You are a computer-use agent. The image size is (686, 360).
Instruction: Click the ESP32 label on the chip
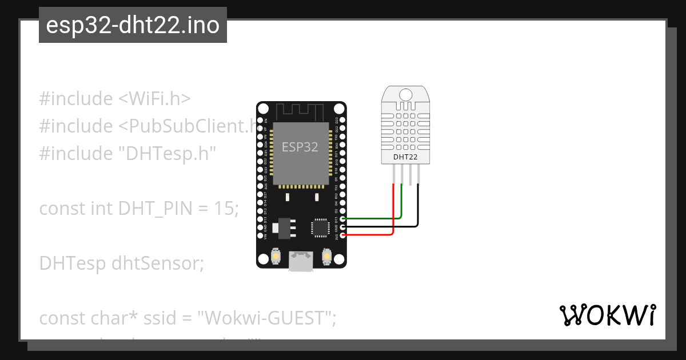[300, 147]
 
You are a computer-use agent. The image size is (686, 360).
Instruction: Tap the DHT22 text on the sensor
[405, 157]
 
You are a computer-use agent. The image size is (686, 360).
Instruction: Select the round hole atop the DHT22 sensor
[405, 95]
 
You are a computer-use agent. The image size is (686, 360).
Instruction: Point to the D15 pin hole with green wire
[342, 219]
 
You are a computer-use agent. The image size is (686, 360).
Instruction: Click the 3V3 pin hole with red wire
[342, 235]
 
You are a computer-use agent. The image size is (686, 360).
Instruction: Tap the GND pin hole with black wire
[342, 227]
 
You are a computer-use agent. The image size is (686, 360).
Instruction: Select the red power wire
[372, 235]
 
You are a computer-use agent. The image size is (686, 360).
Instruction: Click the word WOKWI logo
[607, 315]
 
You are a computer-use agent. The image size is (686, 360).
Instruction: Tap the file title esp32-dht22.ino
[133, 25]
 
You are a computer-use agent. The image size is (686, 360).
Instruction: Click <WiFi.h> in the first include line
[154, 99]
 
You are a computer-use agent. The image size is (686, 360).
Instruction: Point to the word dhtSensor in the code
[157, 263]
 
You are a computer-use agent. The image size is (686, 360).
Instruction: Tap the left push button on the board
[276, 257]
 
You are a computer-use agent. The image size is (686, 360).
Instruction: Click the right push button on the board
[328, 257]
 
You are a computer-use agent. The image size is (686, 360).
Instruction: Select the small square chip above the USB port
[320, 227]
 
